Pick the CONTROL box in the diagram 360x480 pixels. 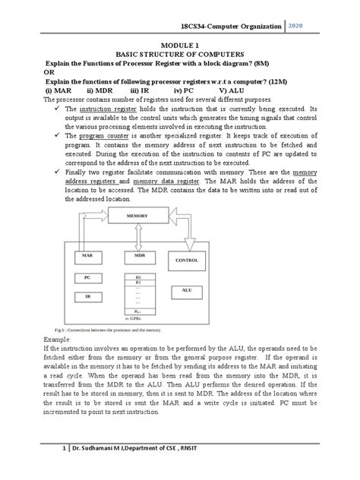tap(187, 260)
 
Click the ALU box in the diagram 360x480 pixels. tap(187, 290)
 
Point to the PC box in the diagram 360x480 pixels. tap(87, 278)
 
